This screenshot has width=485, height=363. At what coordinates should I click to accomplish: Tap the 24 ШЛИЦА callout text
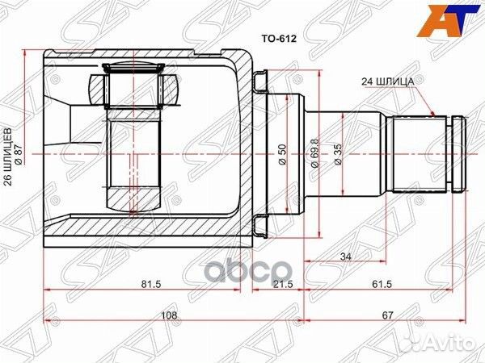coord(388,81)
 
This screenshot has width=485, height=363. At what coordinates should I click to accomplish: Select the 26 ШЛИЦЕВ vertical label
coord(10,153)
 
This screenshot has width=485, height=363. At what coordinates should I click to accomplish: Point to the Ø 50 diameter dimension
coord(285,154)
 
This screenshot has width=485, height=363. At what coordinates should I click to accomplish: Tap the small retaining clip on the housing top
coord(259,81)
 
